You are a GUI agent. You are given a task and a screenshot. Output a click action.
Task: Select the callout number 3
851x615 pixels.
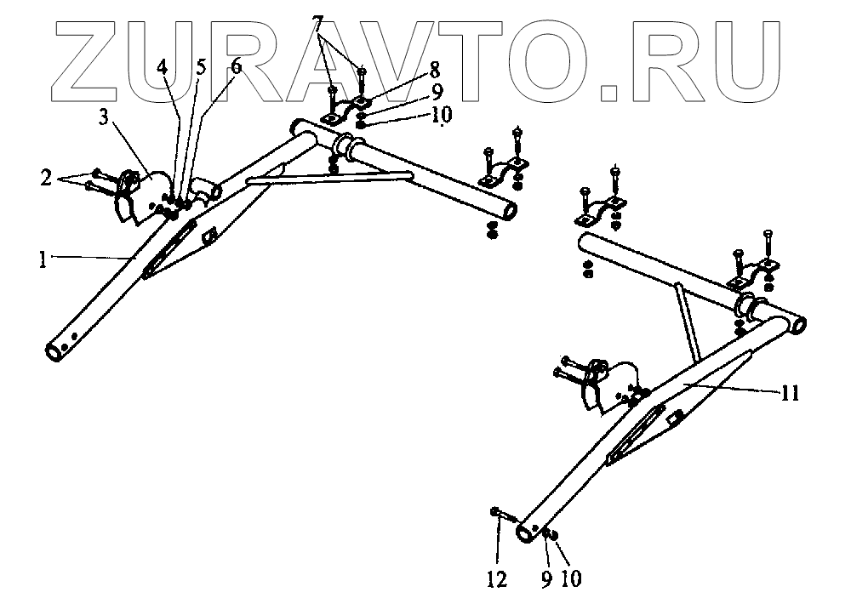tap(102, 118)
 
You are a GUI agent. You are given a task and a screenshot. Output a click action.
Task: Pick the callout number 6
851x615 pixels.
tap(235, 65)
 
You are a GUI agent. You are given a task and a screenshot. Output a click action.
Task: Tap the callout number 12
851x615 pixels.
tap(497, 579)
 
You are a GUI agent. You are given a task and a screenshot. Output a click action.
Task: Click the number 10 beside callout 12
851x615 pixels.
tap(570, 579)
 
